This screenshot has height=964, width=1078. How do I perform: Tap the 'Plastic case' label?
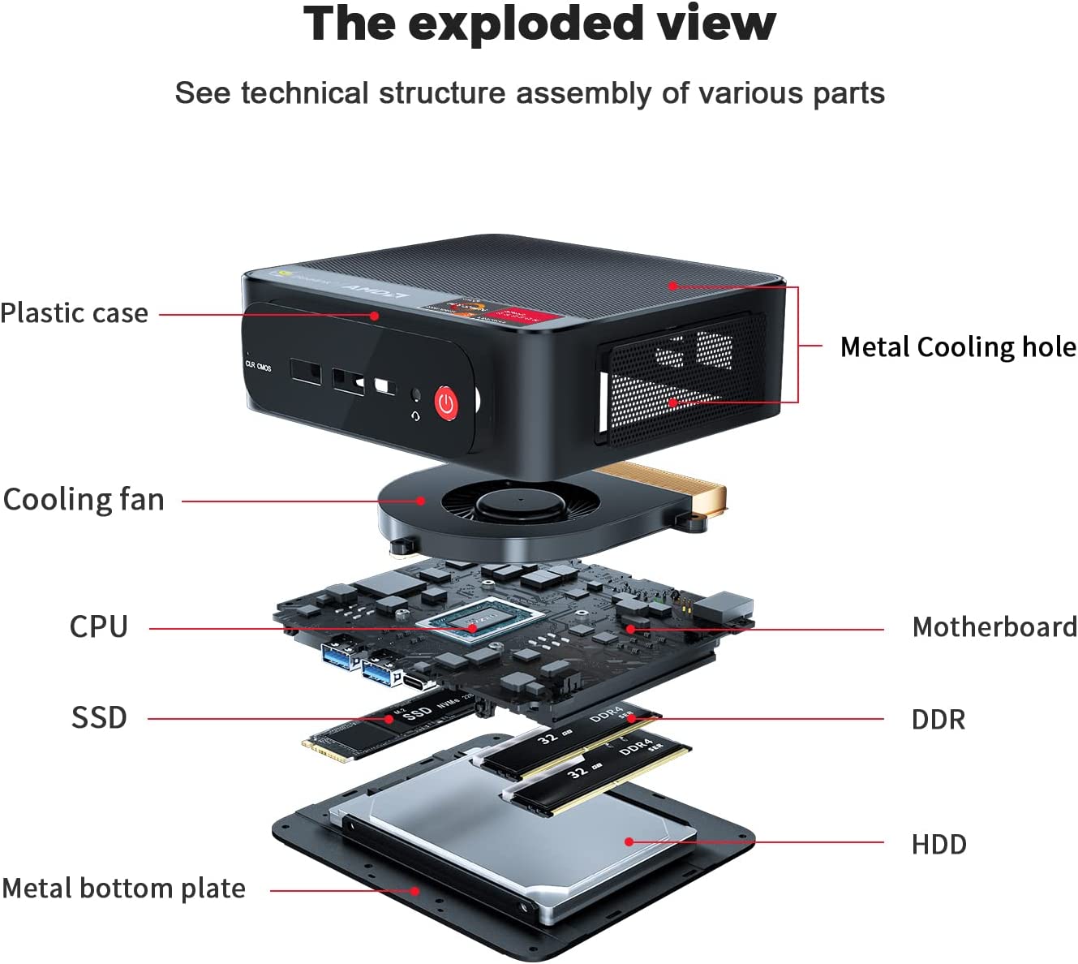pos(74,313)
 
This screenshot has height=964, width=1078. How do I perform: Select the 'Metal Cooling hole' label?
pos(958,347)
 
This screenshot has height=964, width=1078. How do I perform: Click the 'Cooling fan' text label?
pos(84,500)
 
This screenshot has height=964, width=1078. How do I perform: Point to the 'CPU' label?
pos(98,627)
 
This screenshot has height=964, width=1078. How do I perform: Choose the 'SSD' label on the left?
pos(99,718)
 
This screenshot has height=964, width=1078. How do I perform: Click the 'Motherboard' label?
pos(994,627)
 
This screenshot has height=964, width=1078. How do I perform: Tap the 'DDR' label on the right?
pos(938,720)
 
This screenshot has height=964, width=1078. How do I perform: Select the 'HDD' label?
pos(938,845)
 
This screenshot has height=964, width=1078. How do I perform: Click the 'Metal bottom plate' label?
pos(123,889)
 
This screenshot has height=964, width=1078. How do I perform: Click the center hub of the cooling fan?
pos(520,501)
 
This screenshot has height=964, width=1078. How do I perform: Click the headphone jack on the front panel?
pos(416,395)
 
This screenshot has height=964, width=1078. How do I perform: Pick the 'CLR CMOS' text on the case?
pos(258,366)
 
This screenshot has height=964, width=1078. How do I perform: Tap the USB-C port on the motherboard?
pos(420,683)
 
